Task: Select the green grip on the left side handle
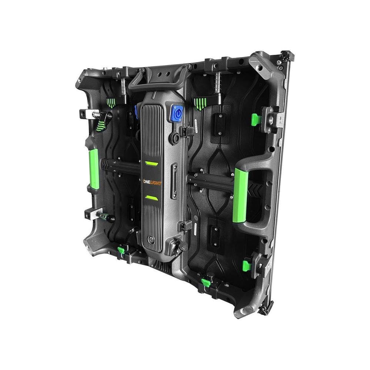(94, 169)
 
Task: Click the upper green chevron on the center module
(151, 163)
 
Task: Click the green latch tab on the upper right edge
(255, 119)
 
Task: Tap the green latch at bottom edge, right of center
(206, 283)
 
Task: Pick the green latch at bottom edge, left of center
(121, 250)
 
